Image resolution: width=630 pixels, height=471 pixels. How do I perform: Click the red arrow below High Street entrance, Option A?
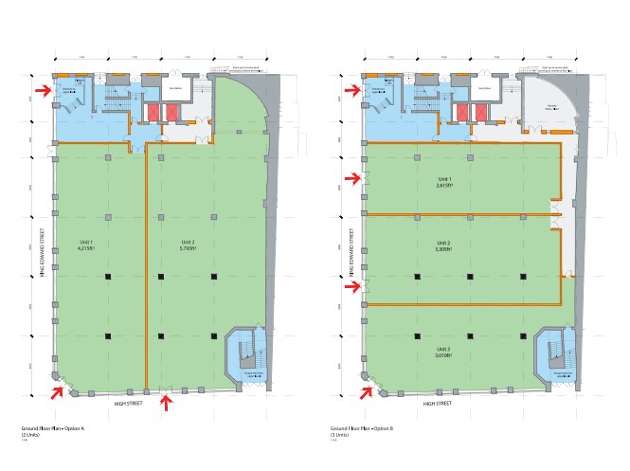tap(168, 404)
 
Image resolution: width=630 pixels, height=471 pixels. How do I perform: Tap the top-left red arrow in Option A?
tap(44, 90)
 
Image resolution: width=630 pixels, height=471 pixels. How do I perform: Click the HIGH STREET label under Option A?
tap(128, 404)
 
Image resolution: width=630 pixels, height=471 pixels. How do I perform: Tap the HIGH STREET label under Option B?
tap(437, 404)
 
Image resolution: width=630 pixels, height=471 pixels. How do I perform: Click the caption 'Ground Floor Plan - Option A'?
tap(53, 429)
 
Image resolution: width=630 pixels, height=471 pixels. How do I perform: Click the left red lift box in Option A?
tap(152, 112)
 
